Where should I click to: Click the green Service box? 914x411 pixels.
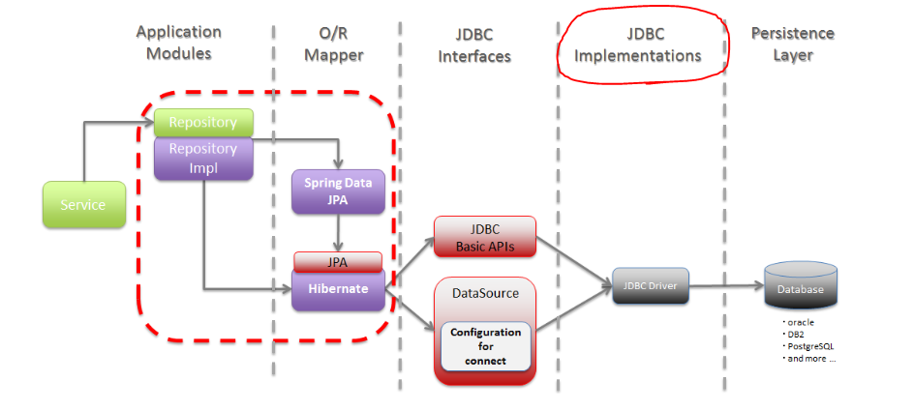pyautogui.click(x=84, y=204)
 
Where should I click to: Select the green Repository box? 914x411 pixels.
pyautogui.click(x=203, y=123)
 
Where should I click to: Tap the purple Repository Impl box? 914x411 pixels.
pyautogui.click(x=203, y=158)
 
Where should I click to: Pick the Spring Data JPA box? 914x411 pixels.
pyautogui.click(x=338, y=191)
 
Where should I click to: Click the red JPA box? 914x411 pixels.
pyautogui.click(x=338, y=262)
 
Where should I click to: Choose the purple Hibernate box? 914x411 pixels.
pyautogui.click(x=338, y=289)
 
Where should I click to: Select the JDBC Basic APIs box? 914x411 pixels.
pyautogui.click(x=485, y=237)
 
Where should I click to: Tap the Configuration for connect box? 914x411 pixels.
pyautogui.click(x=486, y=346)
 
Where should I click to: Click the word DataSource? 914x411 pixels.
pyautogui.click(x=486, y=293)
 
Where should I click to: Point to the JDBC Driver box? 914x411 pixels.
pyautogui.click(x=651, y=286)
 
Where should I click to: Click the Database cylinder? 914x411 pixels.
pyautogui.click(x=801, y=285)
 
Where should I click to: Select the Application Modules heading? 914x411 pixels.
pyautogui.click(x=178, y=43)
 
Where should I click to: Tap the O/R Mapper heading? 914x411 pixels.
pyautogui.click(x=333, y=44)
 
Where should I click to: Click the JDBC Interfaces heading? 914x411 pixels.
pyautogui.click(x=474, y=44)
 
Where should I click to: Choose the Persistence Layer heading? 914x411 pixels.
pyautogui.click(x=793, y=44)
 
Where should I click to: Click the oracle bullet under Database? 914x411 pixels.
pyautogui.click(x=798, y=322)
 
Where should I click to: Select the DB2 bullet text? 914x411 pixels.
pyautogui.click(x=795, y=335)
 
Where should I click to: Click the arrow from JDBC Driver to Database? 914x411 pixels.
pyautogui.click(x=726, y=286)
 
